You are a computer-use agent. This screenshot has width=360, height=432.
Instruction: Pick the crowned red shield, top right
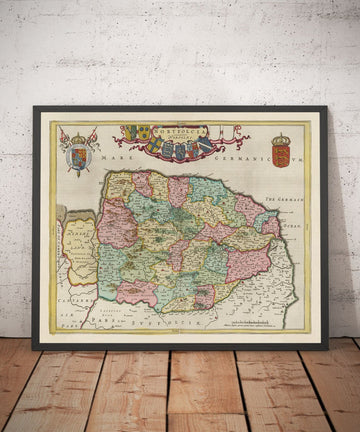(281, 156)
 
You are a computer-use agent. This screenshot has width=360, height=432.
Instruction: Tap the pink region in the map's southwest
(137, 293)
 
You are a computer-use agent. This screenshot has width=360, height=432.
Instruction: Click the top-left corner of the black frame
(34, 109)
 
